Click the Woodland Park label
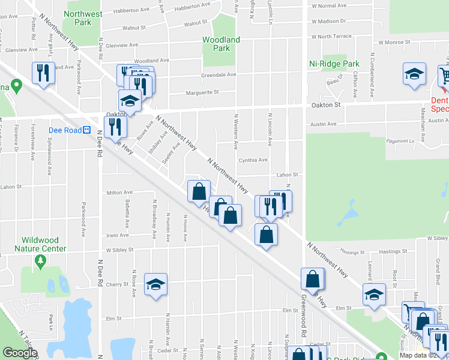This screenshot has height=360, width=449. click(x=221, y=44)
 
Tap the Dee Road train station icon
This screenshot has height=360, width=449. click(x=86, y=129)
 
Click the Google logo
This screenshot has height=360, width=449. click(x=20, y=353)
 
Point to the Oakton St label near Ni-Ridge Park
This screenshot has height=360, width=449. click(x=325, y=104)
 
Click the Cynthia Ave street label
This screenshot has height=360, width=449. click(x=253, y=160)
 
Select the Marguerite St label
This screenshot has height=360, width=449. click(x=202, y=92)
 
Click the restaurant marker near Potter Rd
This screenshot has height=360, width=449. click(x=43, y=73)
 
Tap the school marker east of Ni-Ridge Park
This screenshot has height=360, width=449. click(x=414, y=73)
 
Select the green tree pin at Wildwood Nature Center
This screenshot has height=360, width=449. click(x=41, y=261)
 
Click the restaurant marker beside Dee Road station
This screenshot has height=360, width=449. click(x=115, y=127)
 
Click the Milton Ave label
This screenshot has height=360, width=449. click(x=119, y=193)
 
